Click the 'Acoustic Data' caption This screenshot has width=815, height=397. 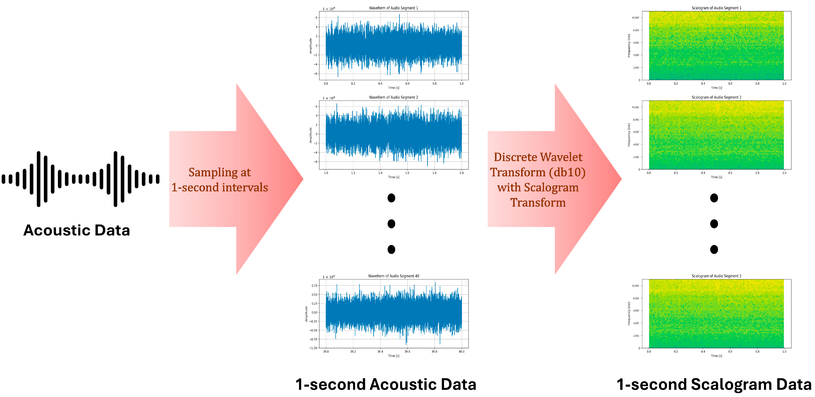click(x=77, y=230)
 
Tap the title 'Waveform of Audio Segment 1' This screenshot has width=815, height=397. click(x=393, y=8)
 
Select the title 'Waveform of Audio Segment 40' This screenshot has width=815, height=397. click(x=393, y=276)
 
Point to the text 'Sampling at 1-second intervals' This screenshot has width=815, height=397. click(x=220, y=180)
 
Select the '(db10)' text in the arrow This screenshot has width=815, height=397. click(x=567, y=172)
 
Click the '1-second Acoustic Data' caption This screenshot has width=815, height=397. click(x=386, y=384)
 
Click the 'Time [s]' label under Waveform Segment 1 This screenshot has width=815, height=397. click(x=394, y=88)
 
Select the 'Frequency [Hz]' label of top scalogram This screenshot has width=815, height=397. click(x=629, y=46)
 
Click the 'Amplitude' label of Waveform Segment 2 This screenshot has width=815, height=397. click(x=311, y=135)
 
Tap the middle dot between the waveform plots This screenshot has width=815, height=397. click(x=391, y=224)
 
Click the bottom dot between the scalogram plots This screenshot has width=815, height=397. click(x=714, y=249)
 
